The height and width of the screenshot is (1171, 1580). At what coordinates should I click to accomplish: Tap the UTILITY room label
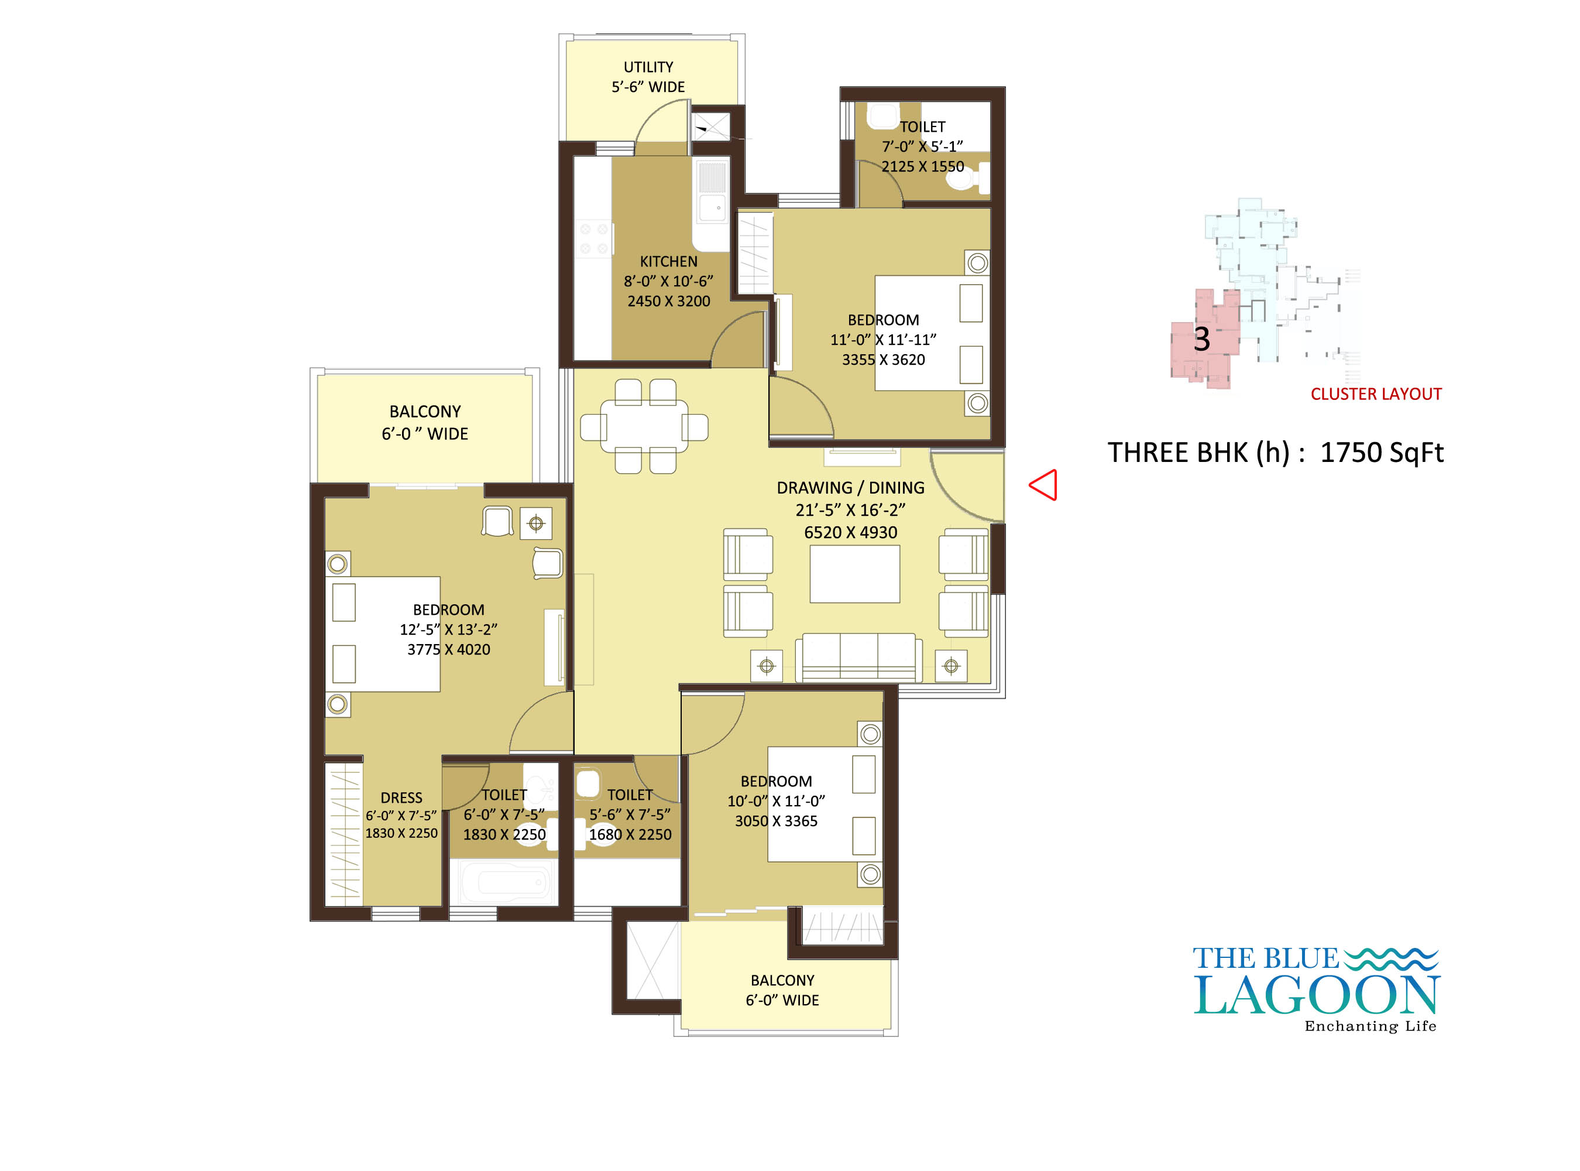pos(648,67)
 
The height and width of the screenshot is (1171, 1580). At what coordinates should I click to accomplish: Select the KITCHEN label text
pos(668,262)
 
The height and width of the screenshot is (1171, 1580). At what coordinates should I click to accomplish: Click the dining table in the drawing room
pos(644,426)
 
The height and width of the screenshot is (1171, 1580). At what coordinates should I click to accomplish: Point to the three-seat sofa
pos(858,658)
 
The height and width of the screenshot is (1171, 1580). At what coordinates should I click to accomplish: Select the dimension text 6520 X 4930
pos(850,532)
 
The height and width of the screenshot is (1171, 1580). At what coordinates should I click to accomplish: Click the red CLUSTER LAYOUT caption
pos(1376,394)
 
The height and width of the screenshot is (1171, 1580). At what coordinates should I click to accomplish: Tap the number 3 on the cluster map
pos(1201,339)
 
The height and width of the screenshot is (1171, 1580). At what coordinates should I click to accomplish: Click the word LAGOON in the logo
pos(1317,995)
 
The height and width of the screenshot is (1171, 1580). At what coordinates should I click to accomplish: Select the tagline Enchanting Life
pos(1371,1026)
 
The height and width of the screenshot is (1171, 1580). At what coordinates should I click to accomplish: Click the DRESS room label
pos(401,798)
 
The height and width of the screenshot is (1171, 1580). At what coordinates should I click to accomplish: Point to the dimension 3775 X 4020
pos(448,649)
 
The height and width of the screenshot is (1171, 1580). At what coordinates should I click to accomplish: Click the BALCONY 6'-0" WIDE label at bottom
pos(782,990)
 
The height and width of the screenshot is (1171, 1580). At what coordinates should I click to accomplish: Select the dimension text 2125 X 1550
pos(922,167)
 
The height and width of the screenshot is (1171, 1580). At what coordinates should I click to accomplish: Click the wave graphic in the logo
pos(1391,959)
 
